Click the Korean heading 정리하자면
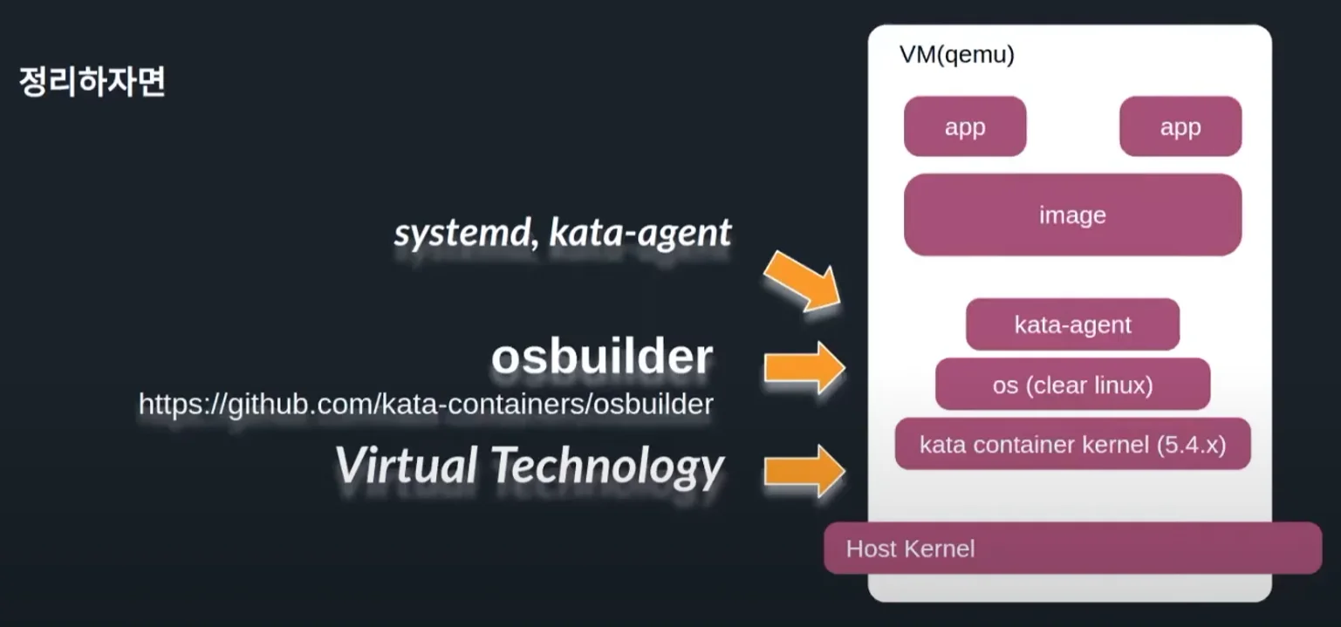tap(92, 82)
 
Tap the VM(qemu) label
tap(956, 56)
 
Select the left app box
tap(965, 126)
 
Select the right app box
tap(1180, 126)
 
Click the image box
tap(1072, 215)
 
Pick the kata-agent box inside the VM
tap(1072, 324)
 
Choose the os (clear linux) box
tap(1072, 385)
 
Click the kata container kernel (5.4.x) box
tap(1072, 445)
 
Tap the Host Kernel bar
tap(1072, 549)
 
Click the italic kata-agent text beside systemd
tap(640, 233)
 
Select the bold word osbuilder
tap(601, 357)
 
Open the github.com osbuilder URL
tap(426, 404)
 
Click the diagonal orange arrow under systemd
tap(801, 280)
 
